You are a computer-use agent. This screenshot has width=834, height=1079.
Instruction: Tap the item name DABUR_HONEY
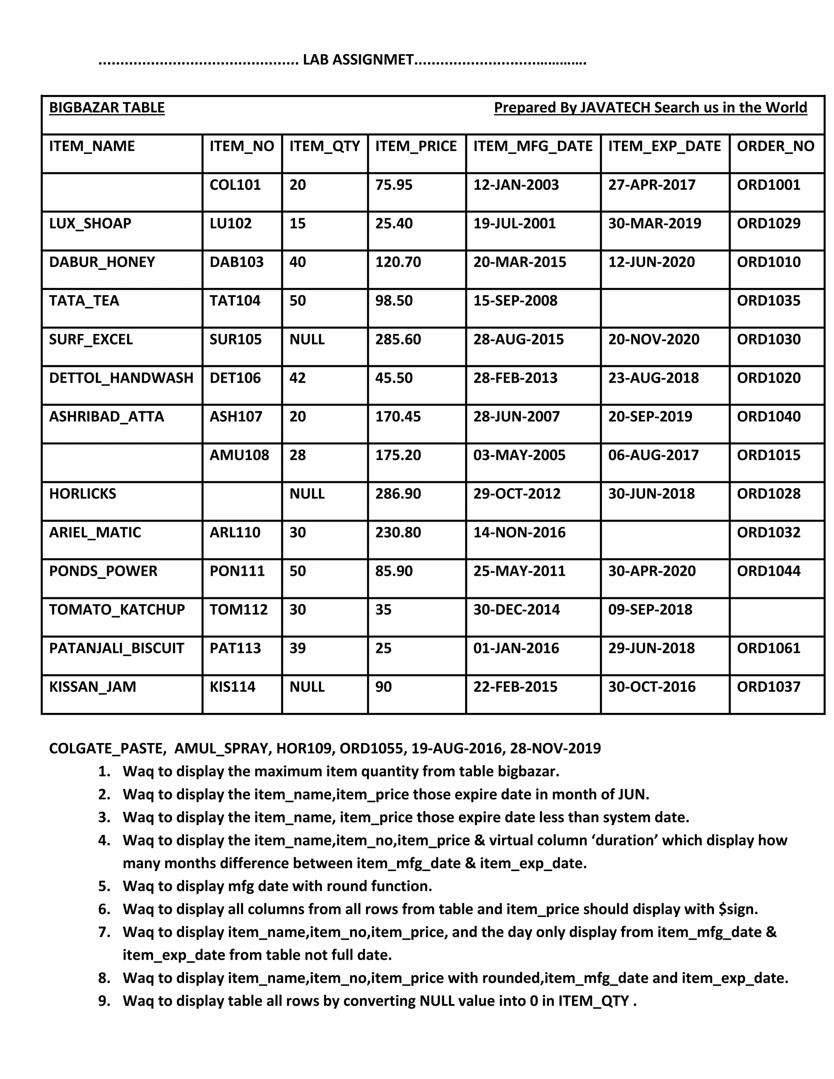tap(102, 262)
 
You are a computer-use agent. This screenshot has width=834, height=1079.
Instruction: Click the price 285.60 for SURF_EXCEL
tap(398, 340)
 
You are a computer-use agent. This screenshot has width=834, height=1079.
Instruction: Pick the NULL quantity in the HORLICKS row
tap(307, 493)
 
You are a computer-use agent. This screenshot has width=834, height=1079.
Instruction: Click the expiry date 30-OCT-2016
tap(652, 687)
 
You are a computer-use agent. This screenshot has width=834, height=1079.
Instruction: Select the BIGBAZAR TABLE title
tap(107, 108)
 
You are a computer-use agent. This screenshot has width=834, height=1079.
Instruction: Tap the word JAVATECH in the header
tap(615, 108)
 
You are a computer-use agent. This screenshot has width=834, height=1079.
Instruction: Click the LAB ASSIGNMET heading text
tap(358, 60)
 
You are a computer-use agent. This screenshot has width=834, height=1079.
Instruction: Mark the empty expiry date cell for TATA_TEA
tap(665, 307)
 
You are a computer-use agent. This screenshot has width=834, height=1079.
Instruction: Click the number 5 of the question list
tap(104, 886)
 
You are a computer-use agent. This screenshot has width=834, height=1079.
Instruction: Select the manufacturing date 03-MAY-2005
tap(519, 455)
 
